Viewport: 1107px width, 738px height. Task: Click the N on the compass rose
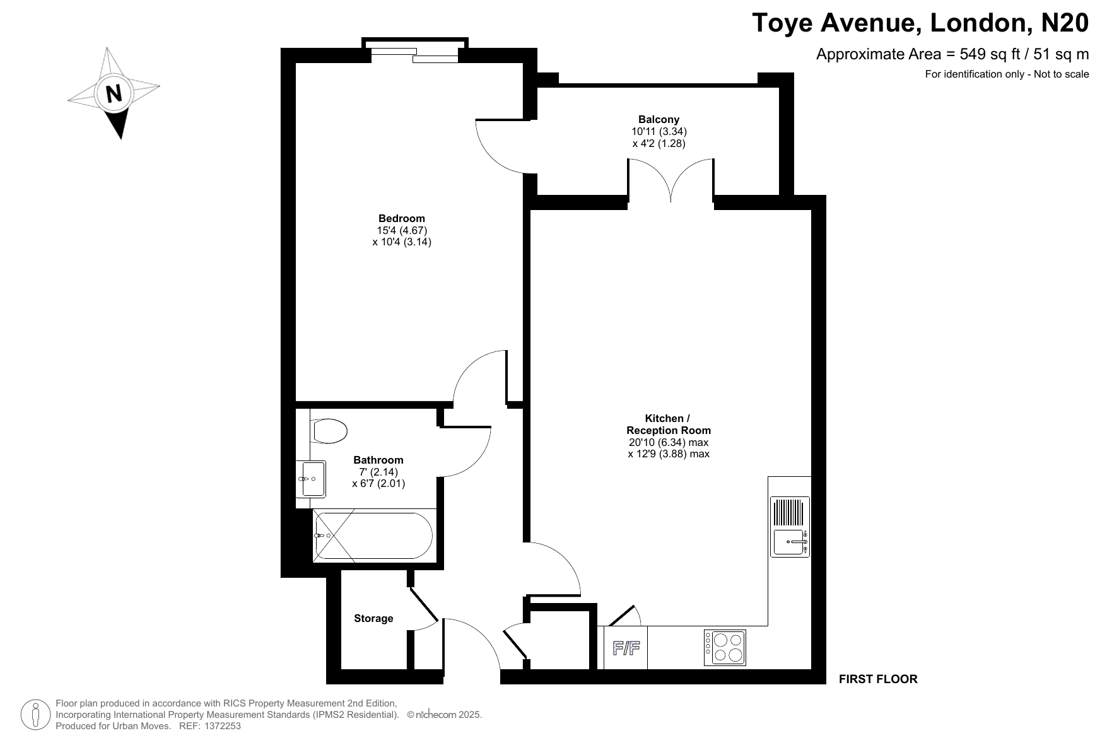point(114,94)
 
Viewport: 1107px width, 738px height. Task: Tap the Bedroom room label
point(402,219)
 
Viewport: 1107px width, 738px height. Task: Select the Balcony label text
point(659,119)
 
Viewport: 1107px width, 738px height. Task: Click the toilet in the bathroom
point(329,431)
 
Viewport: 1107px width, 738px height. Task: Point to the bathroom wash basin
point(311,479)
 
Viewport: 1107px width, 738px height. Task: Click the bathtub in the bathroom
point(374,536)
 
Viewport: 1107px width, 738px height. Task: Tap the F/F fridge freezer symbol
point(626,648)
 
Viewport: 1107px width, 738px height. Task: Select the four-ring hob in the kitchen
point(725,648)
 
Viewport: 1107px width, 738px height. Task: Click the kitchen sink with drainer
point(790,527)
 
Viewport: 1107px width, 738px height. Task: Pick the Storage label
point(373,619)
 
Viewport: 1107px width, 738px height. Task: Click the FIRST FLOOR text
point(878,679)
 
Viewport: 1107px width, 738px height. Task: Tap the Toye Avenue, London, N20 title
point(921,23)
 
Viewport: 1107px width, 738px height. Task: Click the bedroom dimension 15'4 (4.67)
point(402,230)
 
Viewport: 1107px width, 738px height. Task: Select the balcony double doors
point(671,180)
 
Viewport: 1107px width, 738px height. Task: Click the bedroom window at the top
point(414,54)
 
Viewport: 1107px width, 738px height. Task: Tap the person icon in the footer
point(37,715)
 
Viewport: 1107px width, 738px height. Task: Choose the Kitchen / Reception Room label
point(668,425)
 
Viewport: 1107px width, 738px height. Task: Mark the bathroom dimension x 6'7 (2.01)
point(378,484)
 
